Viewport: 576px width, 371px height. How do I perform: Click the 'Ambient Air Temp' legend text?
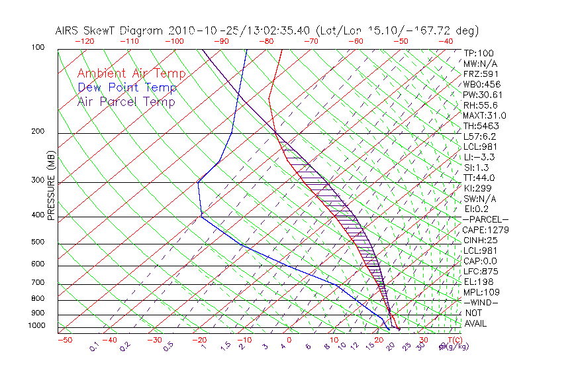131,74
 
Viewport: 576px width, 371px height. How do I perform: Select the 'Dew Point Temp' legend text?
126,87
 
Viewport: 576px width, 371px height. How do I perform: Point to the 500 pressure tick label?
38,242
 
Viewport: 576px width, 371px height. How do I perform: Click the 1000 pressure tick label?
36,326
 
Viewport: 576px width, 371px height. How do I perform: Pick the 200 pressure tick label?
38,132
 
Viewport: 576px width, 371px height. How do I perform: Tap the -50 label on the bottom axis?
65,340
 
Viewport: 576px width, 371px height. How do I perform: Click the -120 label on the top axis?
85,41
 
